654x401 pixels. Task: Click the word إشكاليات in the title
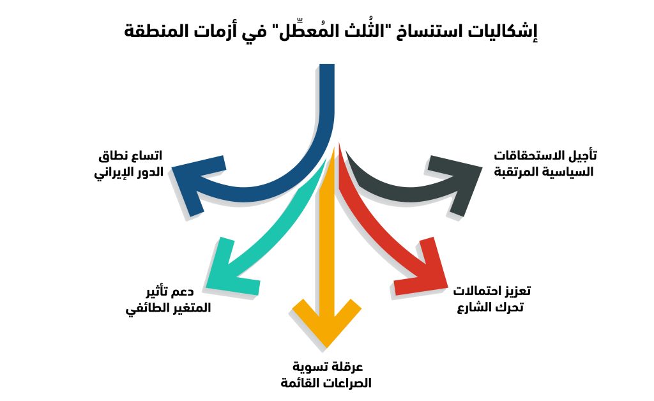[505, 32]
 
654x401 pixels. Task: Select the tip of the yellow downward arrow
[326, 347]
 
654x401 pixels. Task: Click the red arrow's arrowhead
[422, 267]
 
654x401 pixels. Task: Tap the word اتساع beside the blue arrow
[148, 156]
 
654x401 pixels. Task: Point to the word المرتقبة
[515, 172]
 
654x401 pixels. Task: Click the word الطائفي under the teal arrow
[143, 308]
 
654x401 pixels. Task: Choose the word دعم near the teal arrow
[184, 291]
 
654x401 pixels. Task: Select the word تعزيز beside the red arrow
[517, 291]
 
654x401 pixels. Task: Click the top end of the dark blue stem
[327, 64]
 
